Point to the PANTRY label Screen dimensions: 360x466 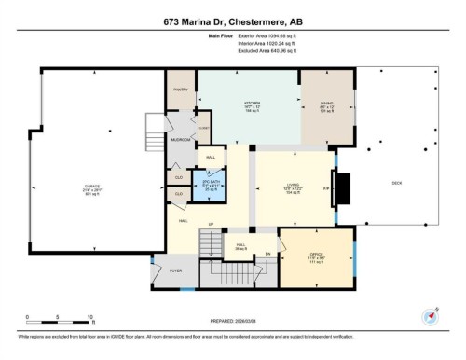[x=181, y=90]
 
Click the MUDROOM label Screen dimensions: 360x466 [x=180, y=139]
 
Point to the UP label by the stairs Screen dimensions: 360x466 [x=212, y=226]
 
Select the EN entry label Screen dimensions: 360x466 [x=268, y=253]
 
